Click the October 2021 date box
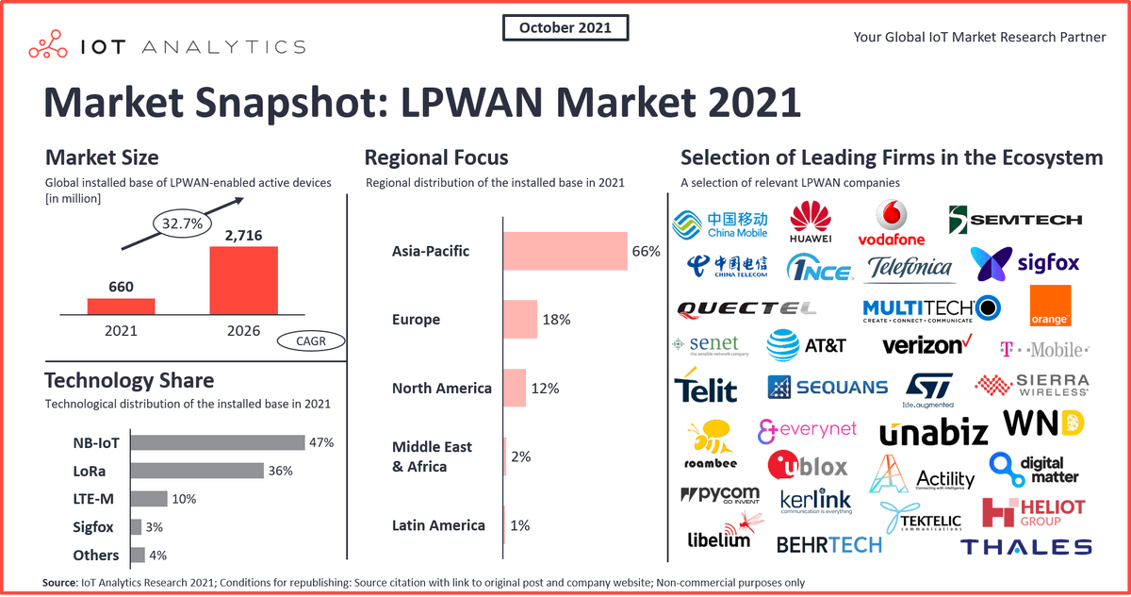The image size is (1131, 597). pyautogui.click(x=565, y=27)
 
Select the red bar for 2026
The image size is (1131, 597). pyautogui.click(x=244, y=279)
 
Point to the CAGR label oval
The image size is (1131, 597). pyautogui.click(x=311, y=341)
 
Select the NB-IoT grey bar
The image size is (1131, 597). pyautogui.click(x=217, y=441)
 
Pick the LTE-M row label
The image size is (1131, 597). pyautogui.click(x=95, y=498)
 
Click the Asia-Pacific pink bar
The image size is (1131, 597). pyautogui.click(x=565, y=252)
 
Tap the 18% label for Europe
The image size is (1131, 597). pyautogui.click(x=556, y=320)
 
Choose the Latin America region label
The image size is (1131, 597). pyautogui.click(x=438, y=525)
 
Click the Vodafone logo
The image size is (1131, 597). pyautogui.click(x=891, y=223)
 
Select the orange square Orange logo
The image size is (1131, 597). pyautogui.click(x=1050, y=307)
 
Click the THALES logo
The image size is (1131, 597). pyautogui.click(x=1025, y=547)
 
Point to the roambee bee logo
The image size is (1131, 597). pyautogui.click(x=709, y=444)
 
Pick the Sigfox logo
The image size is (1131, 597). pyautogui.click(x=1024, y=263)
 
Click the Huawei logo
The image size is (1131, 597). pyautogui.click(x=811, y=223)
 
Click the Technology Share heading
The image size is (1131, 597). pyautogui.click(x=129, y=380)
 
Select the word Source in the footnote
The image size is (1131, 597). pyautogui.click(x=61, y=583)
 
